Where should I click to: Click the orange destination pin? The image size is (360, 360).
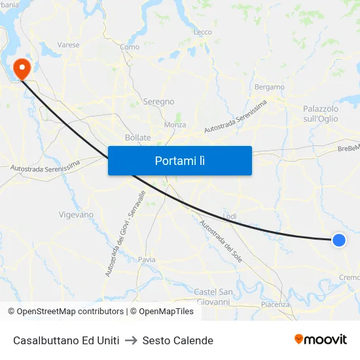[22, 68]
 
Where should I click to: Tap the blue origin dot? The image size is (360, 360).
[339, 240]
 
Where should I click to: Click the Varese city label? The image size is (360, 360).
[68, 45]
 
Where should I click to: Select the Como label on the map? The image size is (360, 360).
[130, 47]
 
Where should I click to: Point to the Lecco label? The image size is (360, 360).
[203, 32]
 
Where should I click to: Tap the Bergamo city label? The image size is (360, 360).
[270, 87]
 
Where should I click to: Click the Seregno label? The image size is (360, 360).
[158, 101]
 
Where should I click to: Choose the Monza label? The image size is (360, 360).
[175, 124]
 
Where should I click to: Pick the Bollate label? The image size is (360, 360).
[137, 137]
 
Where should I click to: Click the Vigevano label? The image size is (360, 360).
[76, 214]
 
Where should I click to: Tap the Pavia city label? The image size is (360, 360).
[147, 260]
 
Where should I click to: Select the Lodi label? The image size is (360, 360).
[230, 216]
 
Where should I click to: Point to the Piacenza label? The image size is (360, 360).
[275, 304]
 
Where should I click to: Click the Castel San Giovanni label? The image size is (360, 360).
[213, 297]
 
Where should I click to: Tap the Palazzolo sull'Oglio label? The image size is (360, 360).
[321, 113]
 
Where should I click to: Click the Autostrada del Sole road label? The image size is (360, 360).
[221, 240]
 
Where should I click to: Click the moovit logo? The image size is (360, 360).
[320, 340]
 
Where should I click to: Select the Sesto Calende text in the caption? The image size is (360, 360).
[177, 340]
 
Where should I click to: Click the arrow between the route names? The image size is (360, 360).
[131, 340]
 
